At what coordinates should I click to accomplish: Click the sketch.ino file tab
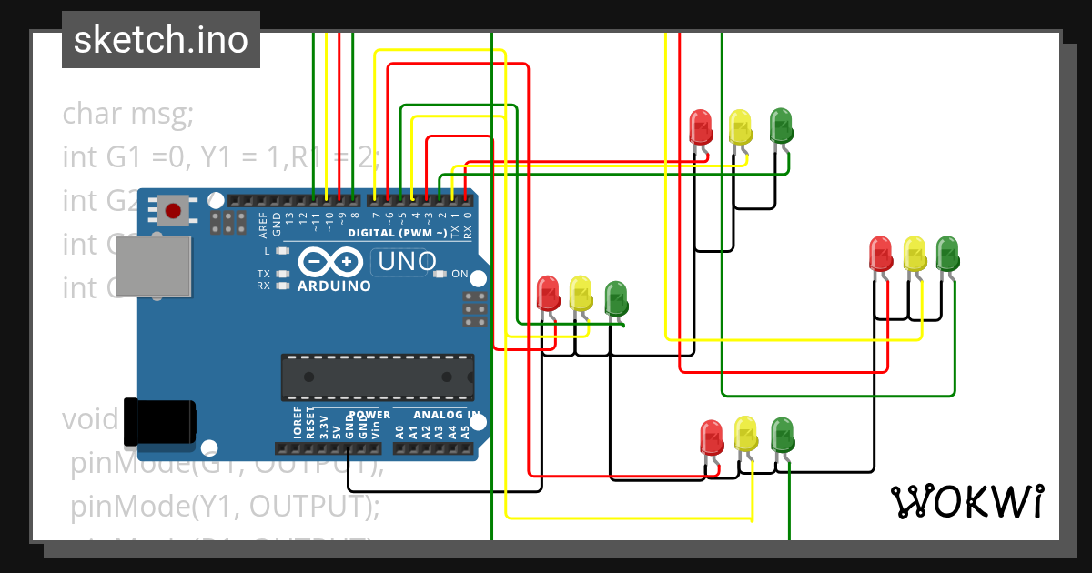point(161,40)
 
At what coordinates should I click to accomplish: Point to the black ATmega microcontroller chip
point(377,377)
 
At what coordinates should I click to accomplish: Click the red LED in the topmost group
point(700,126)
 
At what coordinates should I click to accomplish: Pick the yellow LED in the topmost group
point(740,126)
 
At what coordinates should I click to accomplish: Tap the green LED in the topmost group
point(780,125)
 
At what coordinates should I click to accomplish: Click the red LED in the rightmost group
point(880,253)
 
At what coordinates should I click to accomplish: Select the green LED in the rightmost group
point(947,251)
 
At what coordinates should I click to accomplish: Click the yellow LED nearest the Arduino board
point(580,293)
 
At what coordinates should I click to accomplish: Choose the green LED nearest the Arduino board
point(615,298)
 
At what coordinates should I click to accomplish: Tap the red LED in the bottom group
point(711,437)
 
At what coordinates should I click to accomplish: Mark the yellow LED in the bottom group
point(745,434)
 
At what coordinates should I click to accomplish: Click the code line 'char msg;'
point(127,116)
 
